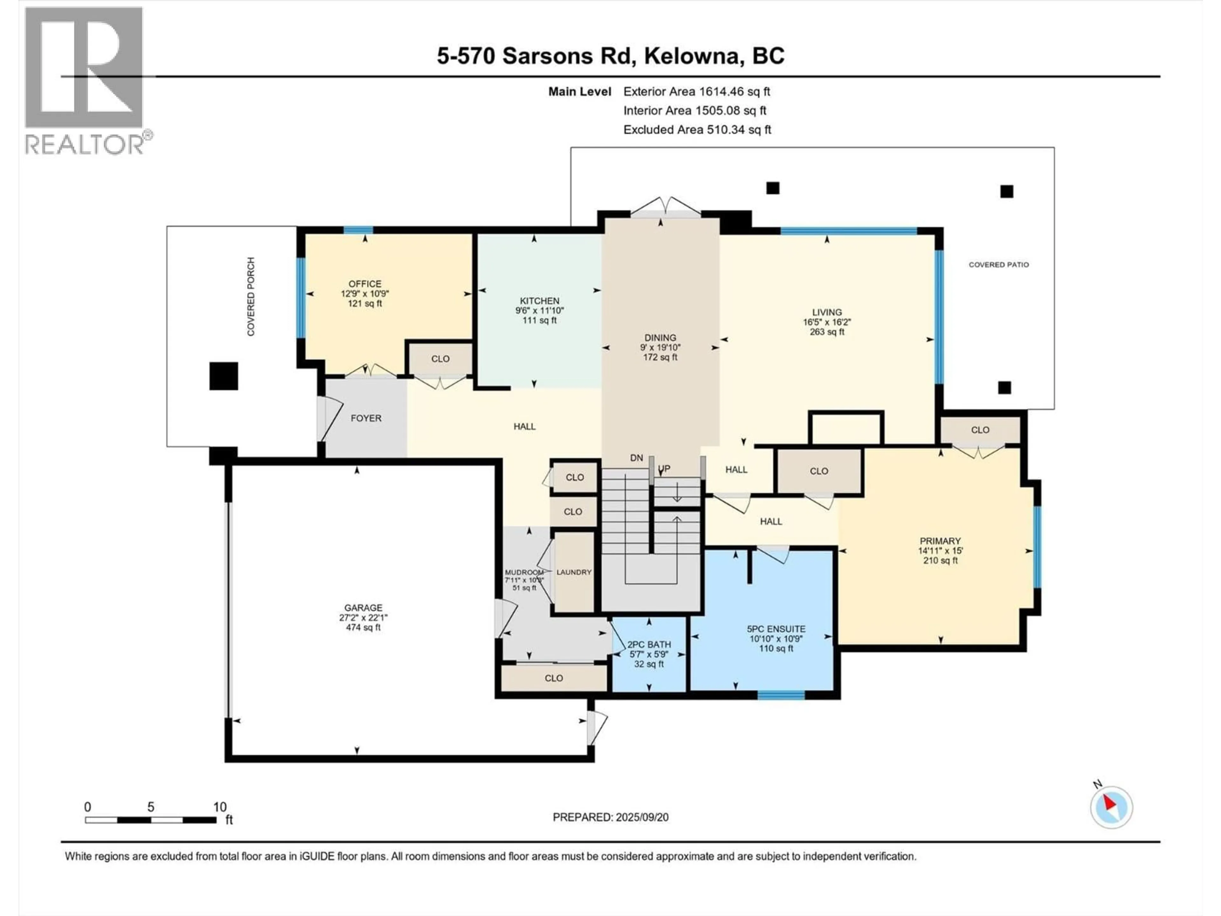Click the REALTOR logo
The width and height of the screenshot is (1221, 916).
(x=89, y=81)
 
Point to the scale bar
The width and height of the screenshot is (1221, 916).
(x=150, y=820)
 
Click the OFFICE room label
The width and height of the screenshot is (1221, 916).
(x=365, y=284)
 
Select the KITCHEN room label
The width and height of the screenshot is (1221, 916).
(x=539, y=301)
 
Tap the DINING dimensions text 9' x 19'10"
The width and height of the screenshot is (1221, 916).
(x=660, y=347)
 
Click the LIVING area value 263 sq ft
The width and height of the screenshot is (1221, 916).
(x=827, y=332)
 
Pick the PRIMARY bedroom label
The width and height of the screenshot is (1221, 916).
(x=940, y=541)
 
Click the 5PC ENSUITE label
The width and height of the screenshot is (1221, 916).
(x=776, y=629)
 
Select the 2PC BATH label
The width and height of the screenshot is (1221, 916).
(x=649, y=644)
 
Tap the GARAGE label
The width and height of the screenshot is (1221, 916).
(x=363, y=608)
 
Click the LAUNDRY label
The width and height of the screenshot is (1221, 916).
(x=574, y=572)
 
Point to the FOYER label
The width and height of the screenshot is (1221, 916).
(x=366, y=418)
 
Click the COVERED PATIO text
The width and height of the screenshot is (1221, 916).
(x=999, y=265)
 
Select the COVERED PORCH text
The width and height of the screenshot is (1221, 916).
(x=251, y=296)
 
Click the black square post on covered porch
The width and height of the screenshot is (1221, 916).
(x=224, y=376)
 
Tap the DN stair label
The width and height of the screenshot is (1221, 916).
(x=637, y=458)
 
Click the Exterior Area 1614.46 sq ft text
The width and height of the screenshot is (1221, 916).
(x=697, y=92)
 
